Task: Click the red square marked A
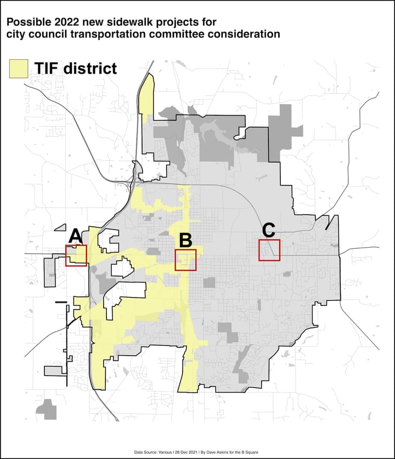[76, 256]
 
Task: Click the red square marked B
[185, 260]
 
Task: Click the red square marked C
[269, 250]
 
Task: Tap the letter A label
[76, 237]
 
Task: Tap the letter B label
[185, 240]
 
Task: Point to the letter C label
[268, 229]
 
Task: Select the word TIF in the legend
[48, 68]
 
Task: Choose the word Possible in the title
[26, 23]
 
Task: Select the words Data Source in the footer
[148, 452]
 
